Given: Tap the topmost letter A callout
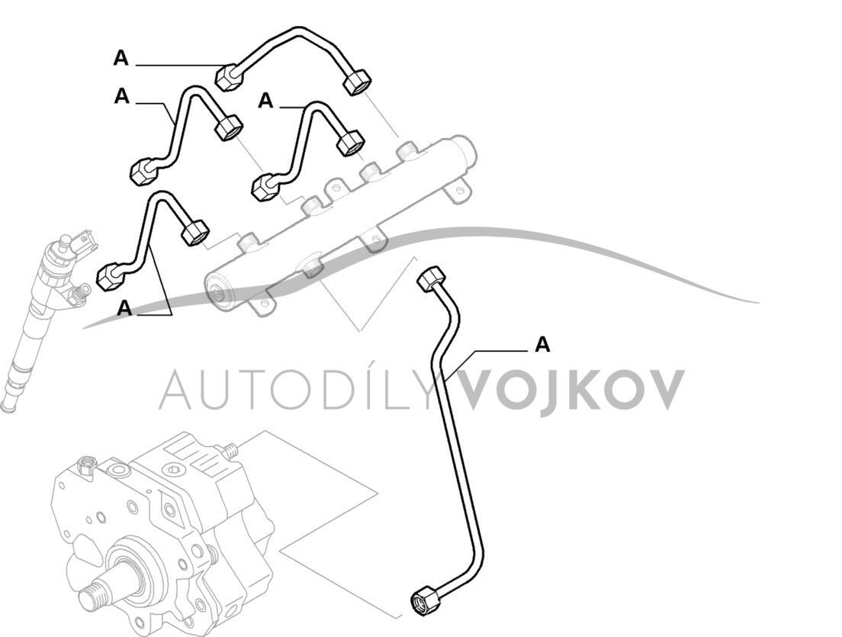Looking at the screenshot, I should point(121,57).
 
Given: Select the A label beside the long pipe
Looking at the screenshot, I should point(542,345).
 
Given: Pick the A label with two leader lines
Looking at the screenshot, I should point(125,308).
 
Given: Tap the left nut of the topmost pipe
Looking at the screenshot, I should point(228,76).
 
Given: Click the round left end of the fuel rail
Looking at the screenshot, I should point(219,291).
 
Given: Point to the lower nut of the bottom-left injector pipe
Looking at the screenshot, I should point(111,276).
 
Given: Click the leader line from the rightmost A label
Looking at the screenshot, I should point(496,349).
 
